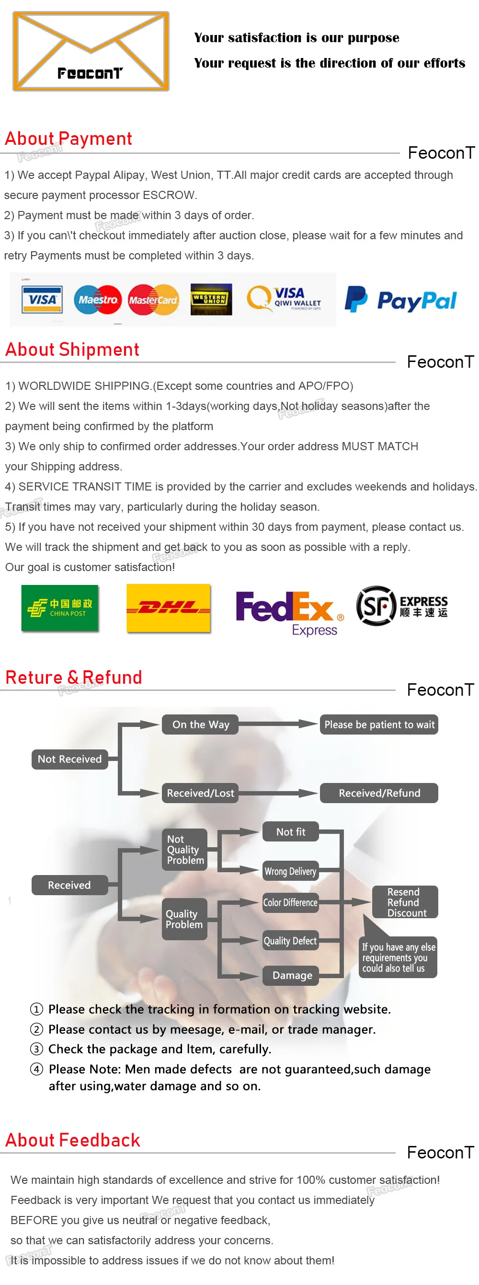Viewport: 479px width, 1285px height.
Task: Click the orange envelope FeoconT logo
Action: click(x=91, y=51)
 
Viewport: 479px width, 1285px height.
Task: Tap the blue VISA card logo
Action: click(x=42, y=299)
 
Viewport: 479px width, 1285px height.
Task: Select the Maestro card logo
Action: click(x=98, y=299)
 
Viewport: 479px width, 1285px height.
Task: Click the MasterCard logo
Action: click(x=153, y=300)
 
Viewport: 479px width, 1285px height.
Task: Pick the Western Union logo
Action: click(x=211, y=299)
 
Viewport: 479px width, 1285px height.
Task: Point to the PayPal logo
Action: click(x=401, y=300)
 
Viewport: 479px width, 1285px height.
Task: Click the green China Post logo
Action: click(x=60, y=607)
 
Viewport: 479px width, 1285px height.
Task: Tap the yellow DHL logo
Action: click(x=169, y=607)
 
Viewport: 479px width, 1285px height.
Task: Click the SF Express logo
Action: click(x=402, y=606)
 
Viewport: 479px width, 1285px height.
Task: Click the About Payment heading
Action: click(x=68, y=139)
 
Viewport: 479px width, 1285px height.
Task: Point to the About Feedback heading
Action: click(x=73, y=1140)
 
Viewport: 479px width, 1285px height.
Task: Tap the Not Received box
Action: click(x=70, y=759)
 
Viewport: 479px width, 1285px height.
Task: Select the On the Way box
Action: click(x=200, y=724)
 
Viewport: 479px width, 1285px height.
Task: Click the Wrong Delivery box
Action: click(x=290, y=871)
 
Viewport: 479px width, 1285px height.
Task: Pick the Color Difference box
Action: click(x=290, y=902)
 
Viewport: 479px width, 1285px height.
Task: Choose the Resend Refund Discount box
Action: click(x=405, y=902)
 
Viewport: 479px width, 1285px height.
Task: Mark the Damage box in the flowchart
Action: click(x=292, y=975)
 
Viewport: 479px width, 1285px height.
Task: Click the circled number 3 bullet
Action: click(x=36, y=1049)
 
